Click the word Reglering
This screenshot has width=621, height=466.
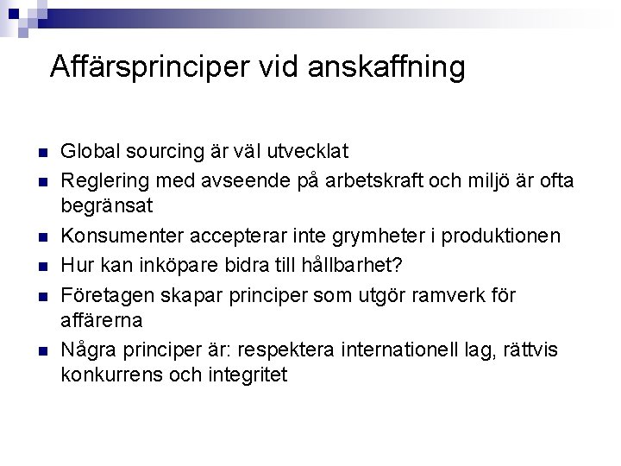click(102, 179)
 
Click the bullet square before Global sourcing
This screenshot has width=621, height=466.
click(40, 153)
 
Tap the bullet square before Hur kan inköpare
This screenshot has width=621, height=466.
click(40, 265)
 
